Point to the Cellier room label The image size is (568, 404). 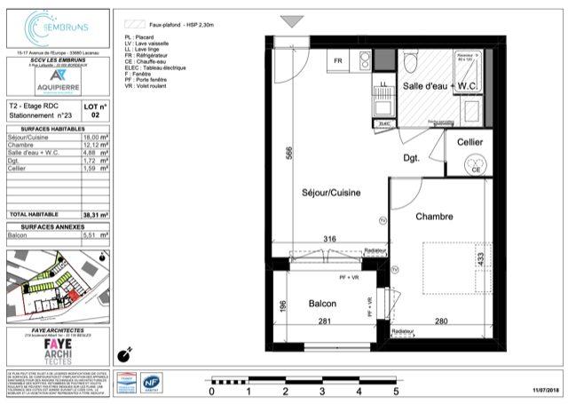click(469, 143)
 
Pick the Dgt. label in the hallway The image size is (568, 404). click(411, 159)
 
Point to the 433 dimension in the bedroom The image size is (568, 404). click(480, 259)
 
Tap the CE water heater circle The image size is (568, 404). click(475, 170)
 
